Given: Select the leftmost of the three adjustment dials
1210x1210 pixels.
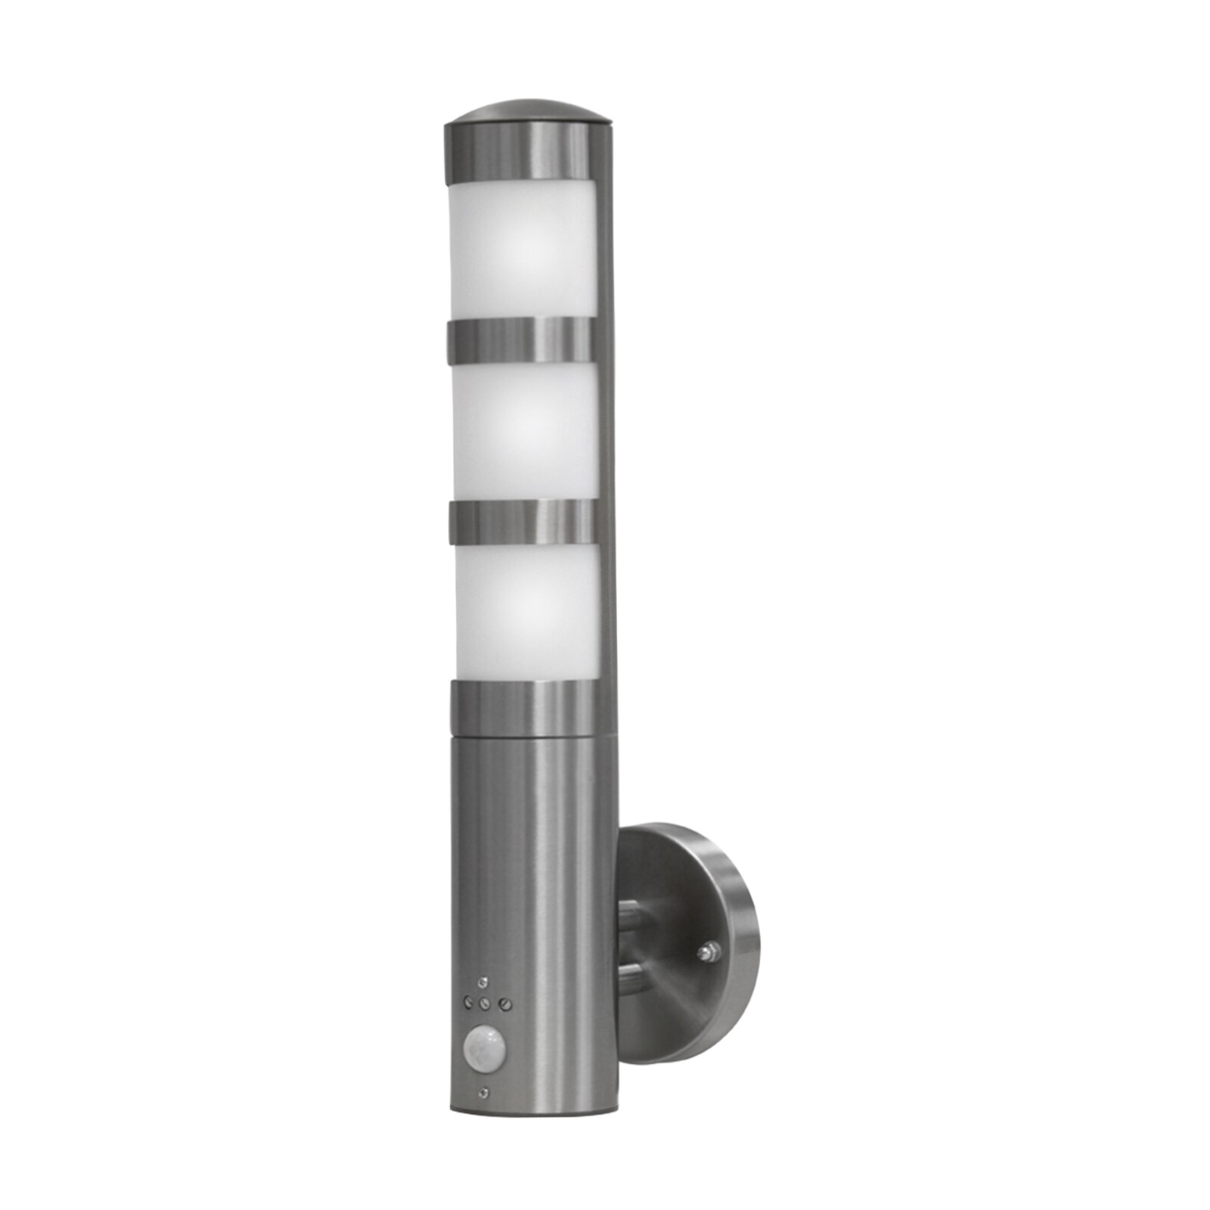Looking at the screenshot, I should tap(464, 1000).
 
